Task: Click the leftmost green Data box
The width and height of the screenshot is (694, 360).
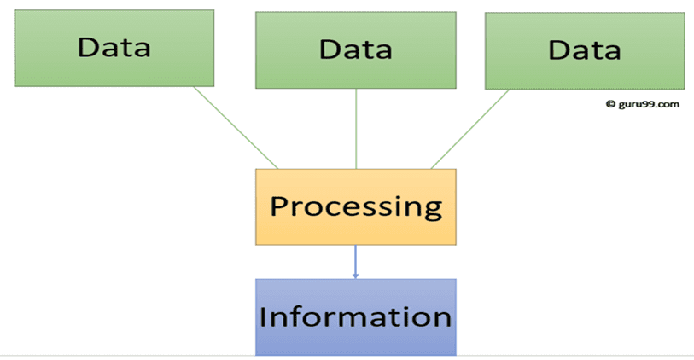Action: [x=114, y=48]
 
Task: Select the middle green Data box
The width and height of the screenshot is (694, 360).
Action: [x=355, y=49]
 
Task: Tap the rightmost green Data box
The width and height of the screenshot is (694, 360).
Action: [x=585, y=51]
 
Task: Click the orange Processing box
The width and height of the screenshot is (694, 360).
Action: [x=355, y=206]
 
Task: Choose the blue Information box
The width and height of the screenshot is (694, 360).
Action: [x=355, y=316]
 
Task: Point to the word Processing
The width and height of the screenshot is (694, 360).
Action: [x=355, y=206]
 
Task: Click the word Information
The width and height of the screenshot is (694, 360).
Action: [x=355, y=316]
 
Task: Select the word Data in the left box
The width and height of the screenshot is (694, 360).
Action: [x=114, y=46]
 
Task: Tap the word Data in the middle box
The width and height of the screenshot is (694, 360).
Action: [x=355, y=49]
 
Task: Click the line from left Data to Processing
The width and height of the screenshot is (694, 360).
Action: [x=236, y=127]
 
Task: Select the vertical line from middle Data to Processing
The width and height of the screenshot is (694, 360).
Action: [x=356, y=128]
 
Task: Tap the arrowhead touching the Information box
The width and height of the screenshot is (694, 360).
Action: [x=355, y=275]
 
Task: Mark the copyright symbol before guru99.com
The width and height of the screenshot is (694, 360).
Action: [x=610, y=104]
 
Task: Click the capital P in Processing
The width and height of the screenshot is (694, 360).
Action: [x=279, y=206]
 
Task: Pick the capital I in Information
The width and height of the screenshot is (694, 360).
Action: [x=264, y=316]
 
